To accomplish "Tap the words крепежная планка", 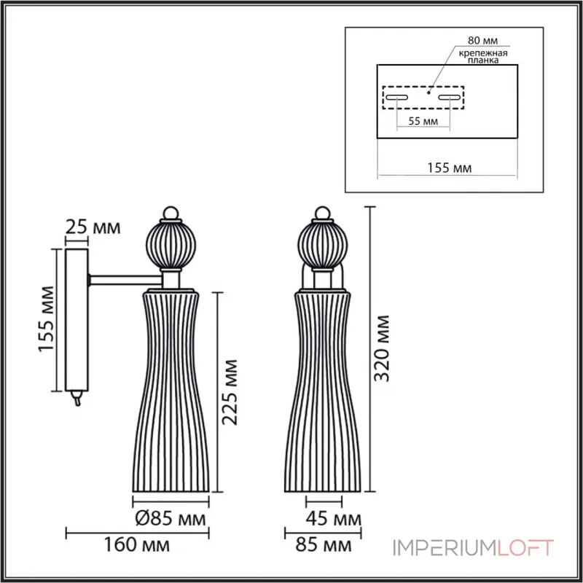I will (483, 58).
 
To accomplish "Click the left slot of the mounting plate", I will (397, 97).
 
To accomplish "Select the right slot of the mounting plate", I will (450, 97).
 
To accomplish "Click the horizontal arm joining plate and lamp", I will (125, 278).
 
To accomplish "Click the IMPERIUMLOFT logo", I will (474, 547).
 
